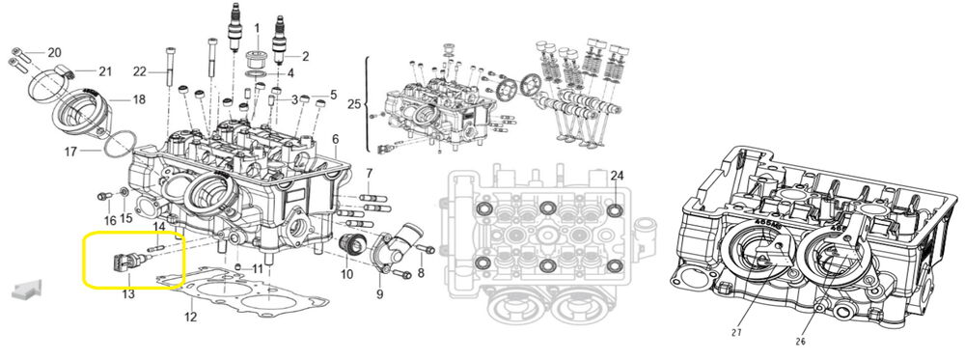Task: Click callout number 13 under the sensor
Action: (x=128, y=294)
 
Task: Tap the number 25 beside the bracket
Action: (x=354, y=104)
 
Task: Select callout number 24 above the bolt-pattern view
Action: (x=618, y=176)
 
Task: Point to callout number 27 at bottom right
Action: (x=736, y=333)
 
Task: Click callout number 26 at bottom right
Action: (x=801, y=342)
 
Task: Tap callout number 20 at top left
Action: (x=54, y=51)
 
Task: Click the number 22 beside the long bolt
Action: (x=140, y=72)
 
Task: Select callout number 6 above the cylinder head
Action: (x=336, y=139)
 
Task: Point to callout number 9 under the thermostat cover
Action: (x=379, y=294)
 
